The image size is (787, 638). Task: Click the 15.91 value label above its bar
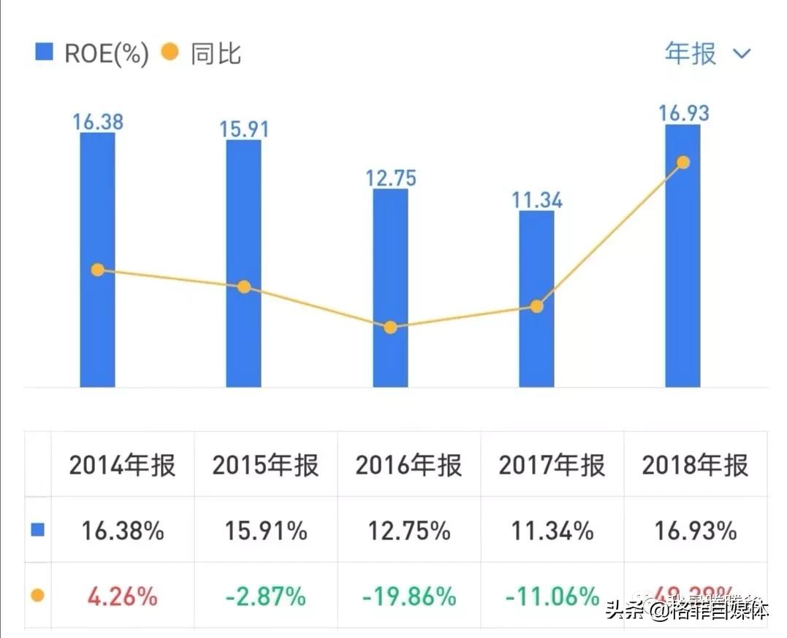tap(244, 129)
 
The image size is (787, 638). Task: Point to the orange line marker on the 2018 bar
tap(683, 162)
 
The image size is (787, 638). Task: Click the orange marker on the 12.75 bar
tap(390, 327)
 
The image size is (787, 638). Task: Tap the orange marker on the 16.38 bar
tap(98, 270)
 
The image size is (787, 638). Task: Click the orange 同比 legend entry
tap(201, 54)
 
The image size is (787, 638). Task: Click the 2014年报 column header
tap(122, 465)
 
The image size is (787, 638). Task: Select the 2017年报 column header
tap(552, 465)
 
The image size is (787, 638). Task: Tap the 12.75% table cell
tap(408, 531)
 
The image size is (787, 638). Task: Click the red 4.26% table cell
tap(122, 596)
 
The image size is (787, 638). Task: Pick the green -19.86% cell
tap(408, 596)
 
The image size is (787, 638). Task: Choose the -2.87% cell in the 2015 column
tap(265, 596)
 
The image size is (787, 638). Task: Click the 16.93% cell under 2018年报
tap(695, 531)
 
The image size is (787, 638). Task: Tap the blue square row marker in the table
tap(37, 530)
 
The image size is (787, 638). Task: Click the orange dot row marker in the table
tap(37, 596)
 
